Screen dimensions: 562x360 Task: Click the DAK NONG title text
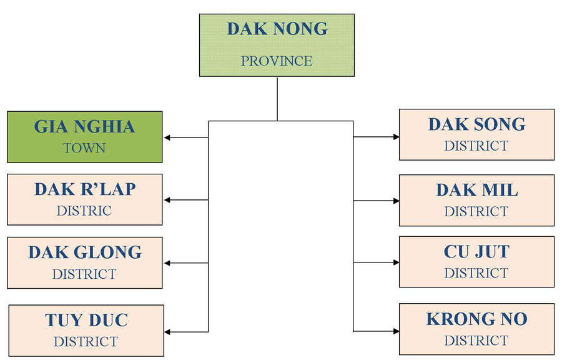pos(277,29)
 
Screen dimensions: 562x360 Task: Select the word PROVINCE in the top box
pos(277,61)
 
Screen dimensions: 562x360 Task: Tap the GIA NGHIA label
pos(84,127)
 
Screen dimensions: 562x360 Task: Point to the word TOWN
pos(84,147)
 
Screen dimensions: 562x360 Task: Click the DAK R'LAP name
pos(85,189)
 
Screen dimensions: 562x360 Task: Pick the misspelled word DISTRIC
pos(84,211)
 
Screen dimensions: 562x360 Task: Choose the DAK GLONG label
pos(85,252)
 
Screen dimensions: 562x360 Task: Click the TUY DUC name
pos(86,320)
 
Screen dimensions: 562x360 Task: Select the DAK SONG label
pos(476,124)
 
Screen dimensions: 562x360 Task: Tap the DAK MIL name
pos(476,190)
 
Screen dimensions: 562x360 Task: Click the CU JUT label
pos(476,251)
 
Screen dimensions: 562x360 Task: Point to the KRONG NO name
pos(476,319)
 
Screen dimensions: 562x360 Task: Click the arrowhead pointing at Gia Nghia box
pos(167,137)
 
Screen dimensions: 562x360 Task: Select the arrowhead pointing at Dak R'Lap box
pos(167,200)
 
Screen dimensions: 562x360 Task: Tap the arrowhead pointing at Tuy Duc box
pos(167,332)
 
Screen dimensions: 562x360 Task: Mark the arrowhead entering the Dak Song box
pos(396,137)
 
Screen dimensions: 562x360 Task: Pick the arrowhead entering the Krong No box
pos(396,331)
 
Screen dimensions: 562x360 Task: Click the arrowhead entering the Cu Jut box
pos(396,262)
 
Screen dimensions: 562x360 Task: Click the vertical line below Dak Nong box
pos(277,99)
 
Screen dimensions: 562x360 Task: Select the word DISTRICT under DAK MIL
pos(476,211)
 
